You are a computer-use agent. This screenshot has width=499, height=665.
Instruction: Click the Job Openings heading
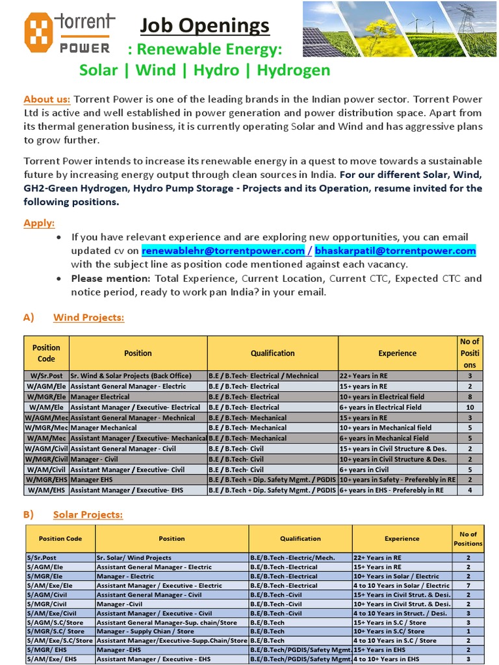(x=205, y=26)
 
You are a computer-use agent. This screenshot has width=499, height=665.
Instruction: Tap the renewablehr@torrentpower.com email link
(x=223, y=251)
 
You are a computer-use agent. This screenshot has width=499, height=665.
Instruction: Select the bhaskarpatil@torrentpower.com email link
(x=395, y=251)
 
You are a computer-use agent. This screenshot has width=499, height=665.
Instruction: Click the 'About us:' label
(x=47, y=99)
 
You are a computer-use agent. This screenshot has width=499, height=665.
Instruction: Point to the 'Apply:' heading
(x=39, y=223)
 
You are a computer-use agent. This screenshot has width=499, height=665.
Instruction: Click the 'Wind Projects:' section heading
(x=88, y=318)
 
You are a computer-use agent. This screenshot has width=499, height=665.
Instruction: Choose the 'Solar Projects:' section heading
(x=88, y=515)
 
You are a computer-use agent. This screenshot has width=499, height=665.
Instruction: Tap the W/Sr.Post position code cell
(x=46, y=375)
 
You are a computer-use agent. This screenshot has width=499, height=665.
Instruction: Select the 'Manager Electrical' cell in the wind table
(x=100, y=397)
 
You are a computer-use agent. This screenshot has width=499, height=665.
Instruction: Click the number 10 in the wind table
(x=470, y=407)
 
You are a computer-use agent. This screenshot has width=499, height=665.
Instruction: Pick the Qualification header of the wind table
(x=272, y=353)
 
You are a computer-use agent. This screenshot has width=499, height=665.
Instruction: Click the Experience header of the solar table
(x=402, y=538)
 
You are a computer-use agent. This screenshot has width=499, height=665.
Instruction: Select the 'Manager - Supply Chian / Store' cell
(x=145, y=631)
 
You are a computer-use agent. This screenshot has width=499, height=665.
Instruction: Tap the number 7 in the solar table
(x=468, y=585)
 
